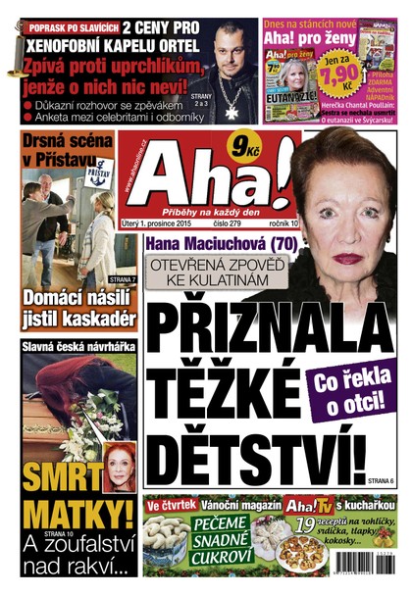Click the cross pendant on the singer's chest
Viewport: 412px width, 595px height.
click(x=232, y=111)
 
